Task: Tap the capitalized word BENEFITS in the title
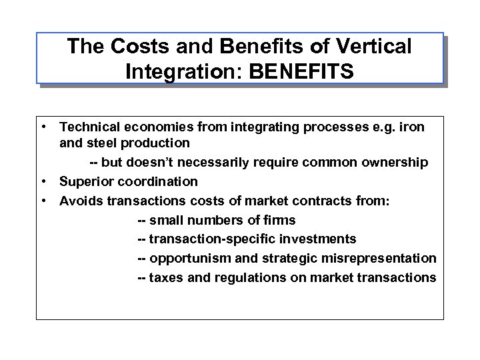pos(301,70)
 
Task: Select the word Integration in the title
pos(175,70)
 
